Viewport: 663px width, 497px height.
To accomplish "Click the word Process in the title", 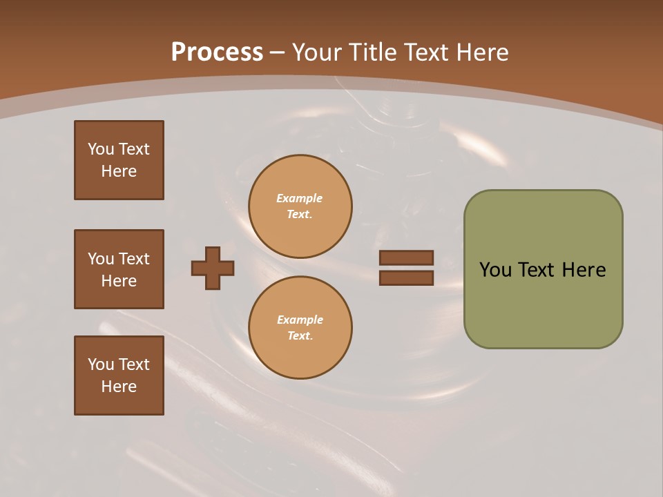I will tap(217, 52).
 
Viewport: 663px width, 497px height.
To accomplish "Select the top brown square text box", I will tap(119, 160).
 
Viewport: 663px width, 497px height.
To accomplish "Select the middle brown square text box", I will tap(119, 269).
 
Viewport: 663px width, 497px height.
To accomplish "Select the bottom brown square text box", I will tap(119, 376).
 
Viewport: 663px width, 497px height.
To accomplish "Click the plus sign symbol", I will tap(213, 268).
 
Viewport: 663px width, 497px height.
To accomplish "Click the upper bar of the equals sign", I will tap(406, 257).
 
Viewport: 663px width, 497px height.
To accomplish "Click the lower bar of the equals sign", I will tap(406, 277).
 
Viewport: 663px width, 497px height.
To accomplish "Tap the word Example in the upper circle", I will tap(299, 198).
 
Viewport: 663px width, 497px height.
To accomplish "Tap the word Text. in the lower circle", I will tap(300, 335).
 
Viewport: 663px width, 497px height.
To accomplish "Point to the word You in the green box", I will tap(494, 270).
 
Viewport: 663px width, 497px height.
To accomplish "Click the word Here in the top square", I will tap(119, 171).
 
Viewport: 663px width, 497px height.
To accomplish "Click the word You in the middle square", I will tap(100, 259).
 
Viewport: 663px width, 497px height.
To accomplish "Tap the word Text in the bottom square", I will tap(134, 364).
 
